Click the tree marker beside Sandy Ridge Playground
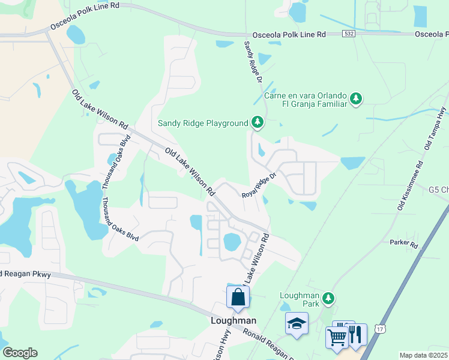tap(258, 122)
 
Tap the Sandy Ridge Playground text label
tap(203, 123)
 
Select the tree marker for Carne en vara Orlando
tap(356, 98)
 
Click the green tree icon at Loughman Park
tap(328, 298)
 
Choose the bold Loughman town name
tap(234, 320)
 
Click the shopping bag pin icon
tap(238, 297)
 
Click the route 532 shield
tap(349, 34)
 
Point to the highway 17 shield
tap(379, 328)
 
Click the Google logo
tap(20, 353)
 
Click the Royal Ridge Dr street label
tap(258, 187)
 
